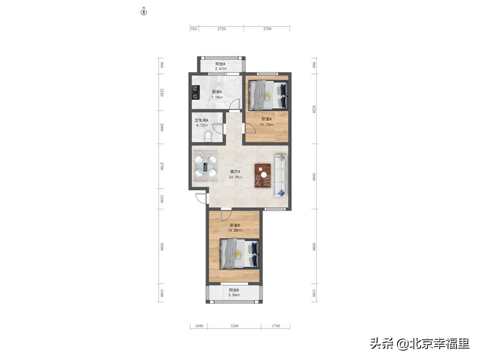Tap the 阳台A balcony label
[x=220, y=64]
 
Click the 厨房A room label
[x=217, y=92]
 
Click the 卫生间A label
[x=201, y=120]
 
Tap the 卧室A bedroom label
[x=267, y=119]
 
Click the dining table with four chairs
[x=206, y=166]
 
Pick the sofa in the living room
[x=280, y=175]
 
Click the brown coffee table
[x=263, y=175]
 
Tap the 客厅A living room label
[x=235, y=172]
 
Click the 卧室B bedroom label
[x=235, y=225]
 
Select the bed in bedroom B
[x=239, y=254]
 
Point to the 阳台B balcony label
[x=234, y=290]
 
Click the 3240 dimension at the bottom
[x=234, y=326]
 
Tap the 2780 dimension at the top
[x=267, y=29]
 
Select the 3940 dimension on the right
[x=314, y=176]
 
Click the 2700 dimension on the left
[x=162, y=166]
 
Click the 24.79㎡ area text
[x=235, y=177]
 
